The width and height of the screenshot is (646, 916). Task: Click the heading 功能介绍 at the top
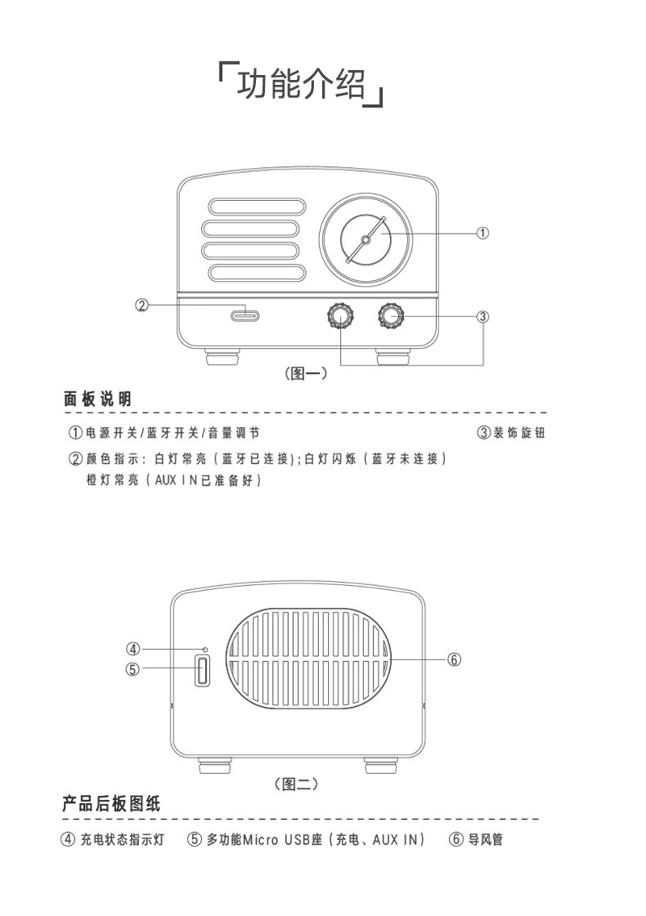[x=301, y=84]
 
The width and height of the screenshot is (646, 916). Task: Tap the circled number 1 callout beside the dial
[x=482, y=233]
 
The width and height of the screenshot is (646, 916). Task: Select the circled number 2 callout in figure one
[x=141, y=305]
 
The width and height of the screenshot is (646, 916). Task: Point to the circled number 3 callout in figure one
[x=482, y=316]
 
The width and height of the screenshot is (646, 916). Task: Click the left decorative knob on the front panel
[x=340, y=316]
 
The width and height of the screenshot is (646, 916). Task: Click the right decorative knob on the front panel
[x=391, y=316]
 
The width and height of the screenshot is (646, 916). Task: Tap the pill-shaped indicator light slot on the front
[x=245, y=316]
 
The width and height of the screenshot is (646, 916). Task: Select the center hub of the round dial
[x=366, y=240]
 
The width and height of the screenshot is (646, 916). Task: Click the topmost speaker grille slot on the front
[x=257, y=207]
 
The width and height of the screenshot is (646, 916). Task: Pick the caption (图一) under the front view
[x=306, y=373]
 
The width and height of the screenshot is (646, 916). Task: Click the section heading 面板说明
[x=97, y=399]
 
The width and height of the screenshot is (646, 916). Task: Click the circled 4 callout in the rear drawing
[x=133, y=649]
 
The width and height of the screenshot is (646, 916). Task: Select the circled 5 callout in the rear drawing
[x=133, y=669]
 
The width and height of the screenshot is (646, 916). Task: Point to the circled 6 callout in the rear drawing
[x=455, y=659]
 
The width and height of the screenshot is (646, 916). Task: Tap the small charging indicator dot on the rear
[x=204, y=649]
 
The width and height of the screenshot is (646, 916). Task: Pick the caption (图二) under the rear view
[x=297, y=784]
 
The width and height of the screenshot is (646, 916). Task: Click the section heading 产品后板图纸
[x=111, y=804]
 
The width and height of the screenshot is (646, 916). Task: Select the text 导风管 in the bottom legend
[x=485, y=839]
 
